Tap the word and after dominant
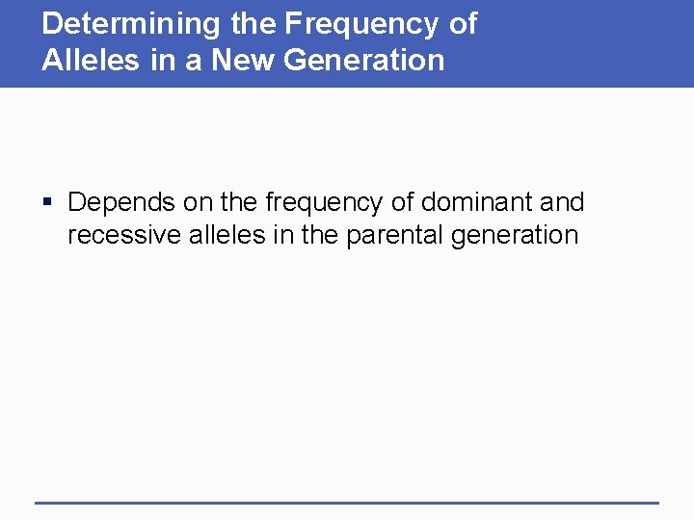coord(562,203)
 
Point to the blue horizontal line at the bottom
coord(347,503)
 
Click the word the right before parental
coord(318,235)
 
